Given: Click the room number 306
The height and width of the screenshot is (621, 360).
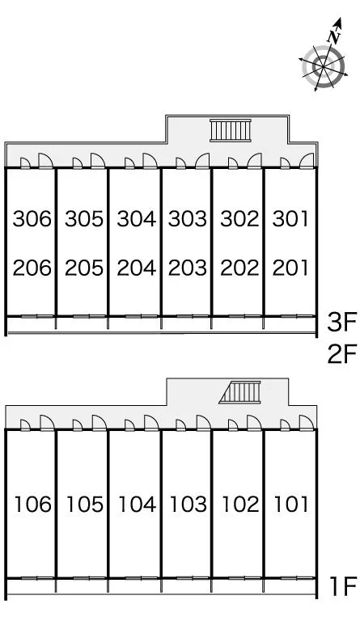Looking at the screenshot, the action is [32, 219].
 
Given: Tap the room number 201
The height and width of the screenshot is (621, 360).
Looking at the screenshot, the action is [290, 268].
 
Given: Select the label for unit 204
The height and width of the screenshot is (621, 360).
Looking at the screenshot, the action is [136, 268].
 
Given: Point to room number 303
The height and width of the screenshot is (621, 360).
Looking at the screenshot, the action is [188, 219].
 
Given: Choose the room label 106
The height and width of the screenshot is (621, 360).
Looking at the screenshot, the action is [33, 505].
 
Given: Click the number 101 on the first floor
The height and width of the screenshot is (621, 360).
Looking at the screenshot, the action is [291, 505].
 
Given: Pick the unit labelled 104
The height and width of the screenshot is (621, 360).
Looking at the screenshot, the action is [138, 505].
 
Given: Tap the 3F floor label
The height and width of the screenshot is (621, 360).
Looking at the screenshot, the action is [342, 323].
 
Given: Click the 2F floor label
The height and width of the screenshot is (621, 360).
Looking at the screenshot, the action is [342, 353].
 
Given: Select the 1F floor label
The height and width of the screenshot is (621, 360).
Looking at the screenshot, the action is [344, 586].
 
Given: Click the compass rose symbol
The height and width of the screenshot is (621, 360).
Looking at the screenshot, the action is [324, 67].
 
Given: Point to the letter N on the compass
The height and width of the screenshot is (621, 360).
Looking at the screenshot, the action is [334, 37].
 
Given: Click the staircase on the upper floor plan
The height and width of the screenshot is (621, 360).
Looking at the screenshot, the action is [231, 130].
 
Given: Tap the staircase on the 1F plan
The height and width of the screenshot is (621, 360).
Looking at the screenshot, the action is [240, 392].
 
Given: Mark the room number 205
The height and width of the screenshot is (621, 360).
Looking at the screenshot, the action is [84, 268].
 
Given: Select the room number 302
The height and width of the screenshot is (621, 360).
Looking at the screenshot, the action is [239, 219].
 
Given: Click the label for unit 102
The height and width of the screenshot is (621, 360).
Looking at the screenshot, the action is [240, 505].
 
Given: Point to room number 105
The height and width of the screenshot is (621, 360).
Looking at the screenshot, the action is [85, 505].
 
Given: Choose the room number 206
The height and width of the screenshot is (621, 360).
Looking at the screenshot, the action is [32, 268].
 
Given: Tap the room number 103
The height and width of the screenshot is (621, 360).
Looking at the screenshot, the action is [188, 505].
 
